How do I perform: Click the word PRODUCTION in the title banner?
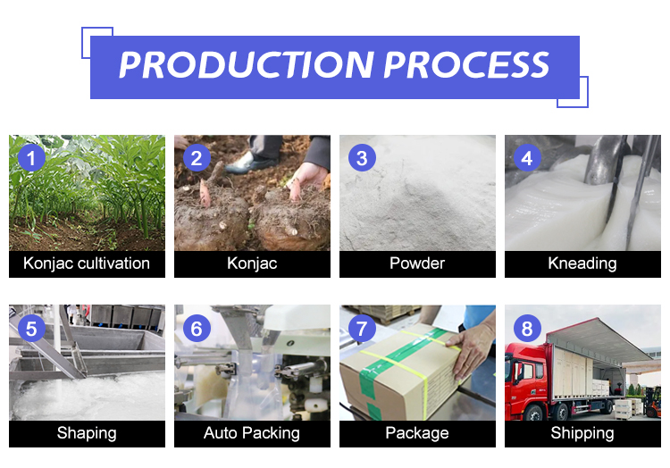pos(247,65)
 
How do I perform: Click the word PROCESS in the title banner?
pos(466,65)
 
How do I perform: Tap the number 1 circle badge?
pos(31,158)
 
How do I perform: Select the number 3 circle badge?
pos(362,158)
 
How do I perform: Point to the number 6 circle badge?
pos(197,329)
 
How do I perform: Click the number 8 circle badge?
pos(527,329)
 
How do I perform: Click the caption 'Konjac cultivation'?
pos(87,263)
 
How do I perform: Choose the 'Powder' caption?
pos(417,263)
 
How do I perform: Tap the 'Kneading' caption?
pos(582,263)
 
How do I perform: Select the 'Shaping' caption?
pos(87,433)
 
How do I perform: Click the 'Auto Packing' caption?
pos(252,433)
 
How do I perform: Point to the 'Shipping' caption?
pos(582,433)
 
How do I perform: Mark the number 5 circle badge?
pos(31,329)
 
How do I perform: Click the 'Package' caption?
pos(417,433)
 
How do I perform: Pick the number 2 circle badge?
pos(197,158)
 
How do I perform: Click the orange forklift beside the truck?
pos(652,401)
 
